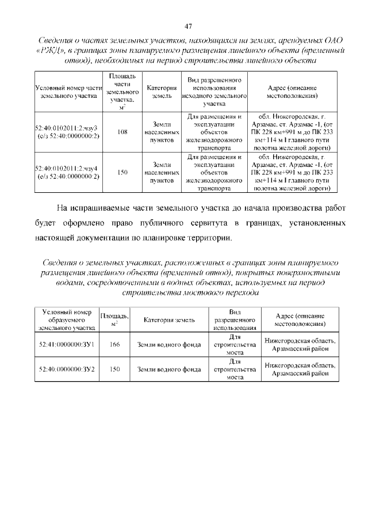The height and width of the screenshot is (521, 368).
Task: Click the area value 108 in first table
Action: click(x=122, y=132)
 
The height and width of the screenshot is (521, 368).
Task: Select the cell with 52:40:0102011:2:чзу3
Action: click(x=68, y=132)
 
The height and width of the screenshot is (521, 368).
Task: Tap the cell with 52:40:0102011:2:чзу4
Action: click(x=68, y=172)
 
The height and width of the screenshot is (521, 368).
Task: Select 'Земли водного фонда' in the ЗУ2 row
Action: click(x=168, y=369)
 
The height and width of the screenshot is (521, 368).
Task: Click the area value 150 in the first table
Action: click(x=122, y=172)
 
